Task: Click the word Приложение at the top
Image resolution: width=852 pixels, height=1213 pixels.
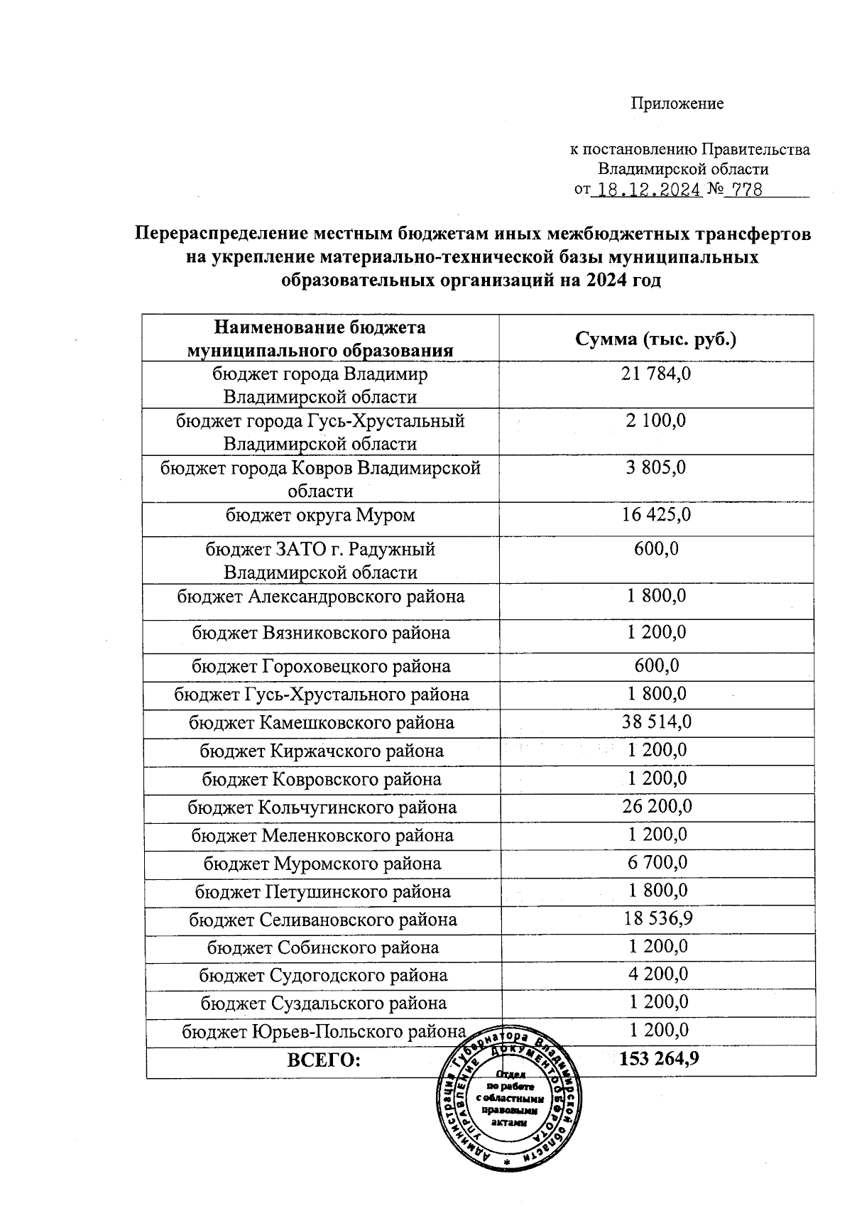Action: click(677, 104)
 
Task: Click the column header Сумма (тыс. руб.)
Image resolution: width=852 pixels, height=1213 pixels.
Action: click(655, 339)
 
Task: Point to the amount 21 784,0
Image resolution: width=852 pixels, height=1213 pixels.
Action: click(655, 374)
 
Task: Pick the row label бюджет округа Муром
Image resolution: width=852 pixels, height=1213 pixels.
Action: click(320, 515)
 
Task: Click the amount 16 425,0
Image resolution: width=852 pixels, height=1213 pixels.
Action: click(655, 514)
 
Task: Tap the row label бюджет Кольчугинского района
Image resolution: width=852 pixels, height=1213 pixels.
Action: click(322, 807)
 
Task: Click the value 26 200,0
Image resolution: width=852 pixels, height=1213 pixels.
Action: click(657, 806)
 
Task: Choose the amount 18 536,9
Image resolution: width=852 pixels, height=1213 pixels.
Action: click(657, 918)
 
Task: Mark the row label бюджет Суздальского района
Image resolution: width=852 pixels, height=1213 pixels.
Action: click(323, 1003)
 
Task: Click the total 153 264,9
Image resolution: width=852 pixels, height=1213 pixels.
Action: click(659, 1059)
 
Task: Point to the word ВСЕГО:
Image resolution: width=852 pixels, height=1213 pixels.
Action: click(324, 1060)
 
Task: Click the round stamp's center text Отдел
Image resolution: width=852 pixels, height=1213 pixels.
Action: click(510, 1076)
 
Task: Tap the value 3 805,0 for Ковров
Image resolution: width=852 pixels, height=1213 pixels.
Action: click(655, 468)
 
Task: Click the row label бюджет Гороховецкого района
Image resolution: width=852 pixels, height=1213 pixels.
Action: click(321, 666)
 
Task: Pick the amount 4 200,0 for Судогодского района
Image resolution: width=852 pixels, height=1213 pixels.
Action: click(657, 974)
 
